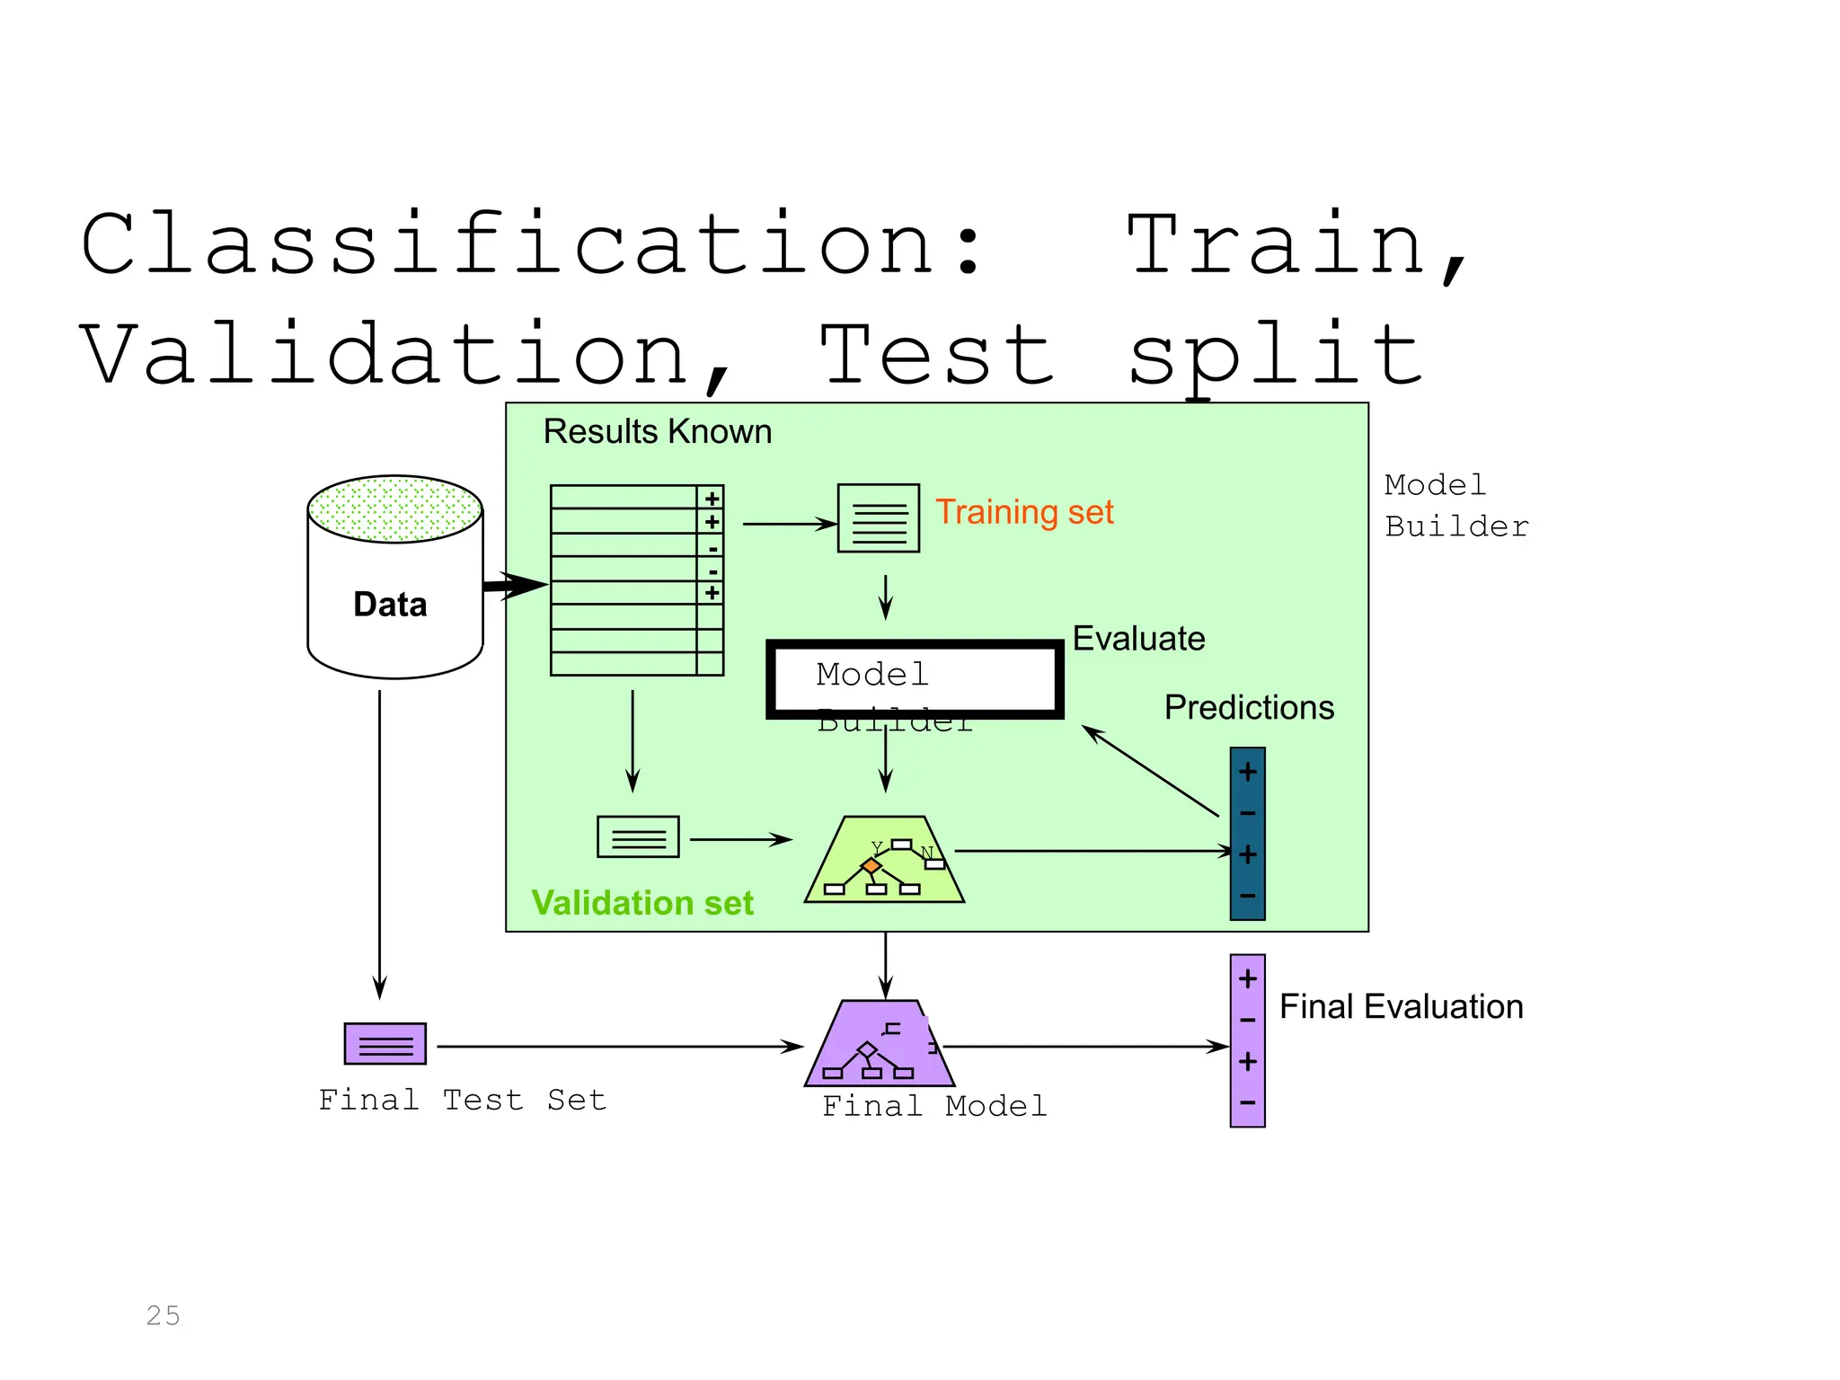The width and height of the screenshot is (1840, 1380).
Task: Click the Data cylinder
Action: tap(394, 593)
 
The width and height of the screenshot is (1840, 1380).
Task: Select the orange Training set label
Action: tap(1024, 512)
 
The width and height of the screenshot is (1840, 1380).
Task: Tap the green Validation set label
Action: tap(642, 903)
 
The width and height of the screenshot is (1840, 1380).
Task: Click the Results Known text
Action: tap(657, 432)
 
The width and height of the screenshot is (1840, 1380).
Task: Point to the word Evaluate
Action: tap(1138, 639)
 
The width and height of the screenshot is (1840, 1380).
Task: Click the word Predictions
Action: tap(1249, 708)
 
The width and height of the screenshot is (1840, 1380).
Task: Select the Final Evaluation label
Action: tap(1401, 1007)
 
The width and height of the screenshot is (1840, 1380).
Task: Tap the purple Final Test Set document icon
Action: tap(385, 1044)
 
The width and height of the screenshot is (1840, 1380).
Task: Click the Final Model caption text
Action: tap(934, 1106)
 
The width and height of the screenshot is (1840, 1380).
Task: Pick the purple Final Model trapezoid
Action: tap(878, 1047)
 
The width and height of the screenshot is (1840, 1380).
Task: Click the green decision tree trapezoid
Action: tap(884, 862)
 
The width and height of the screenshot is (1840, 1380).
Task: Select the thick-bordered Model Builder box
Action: tap(915, 678)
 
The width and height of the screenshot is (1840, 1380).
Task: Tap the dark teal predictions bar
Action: tap(1247, 834)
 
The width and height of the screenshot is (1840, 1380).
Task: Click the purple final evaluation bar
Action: tap(1247, 1040)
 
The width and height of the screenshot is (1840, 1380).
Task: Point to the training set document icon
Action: tap(878, 518)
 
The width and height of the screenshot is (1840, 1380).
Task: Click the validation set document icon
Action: tap(638, 837)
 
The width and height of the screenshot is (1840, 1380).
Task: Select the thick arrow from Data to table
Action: tap(514, 586)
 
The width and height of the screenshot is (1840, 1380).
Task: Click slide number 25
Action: tap(164, 1315)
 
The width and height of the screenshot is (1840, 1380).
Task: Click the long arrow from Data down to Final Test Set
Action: tap(380, 845)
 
